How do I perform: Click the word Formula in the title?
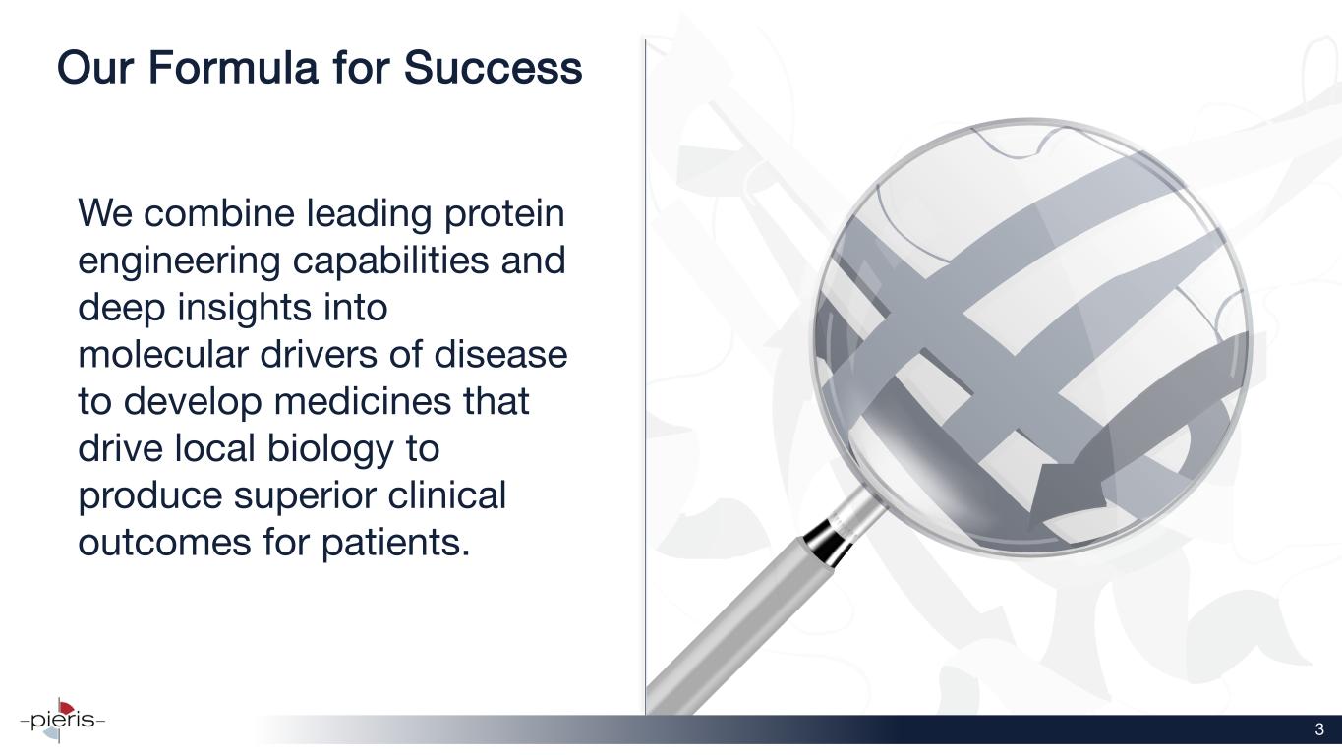pos(232,67)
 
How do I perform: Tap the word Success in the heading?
pos(493,67)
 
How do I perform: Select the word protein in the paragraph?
pos(503,214)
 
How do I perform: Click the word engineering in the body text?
pos(179,261)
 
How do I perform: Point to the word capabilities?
pos(390,261)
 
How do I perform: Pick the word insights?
pos(245,308)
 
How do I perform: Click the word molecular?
pos(163,354)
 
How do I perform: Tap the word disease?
pos(500,354)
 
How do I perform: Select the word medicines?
pos(363,401)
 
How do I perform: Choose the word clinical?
pos(447,494)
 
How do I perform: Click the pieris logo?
pos(62,720)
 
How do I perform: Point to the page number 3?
pos(1319,729)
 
